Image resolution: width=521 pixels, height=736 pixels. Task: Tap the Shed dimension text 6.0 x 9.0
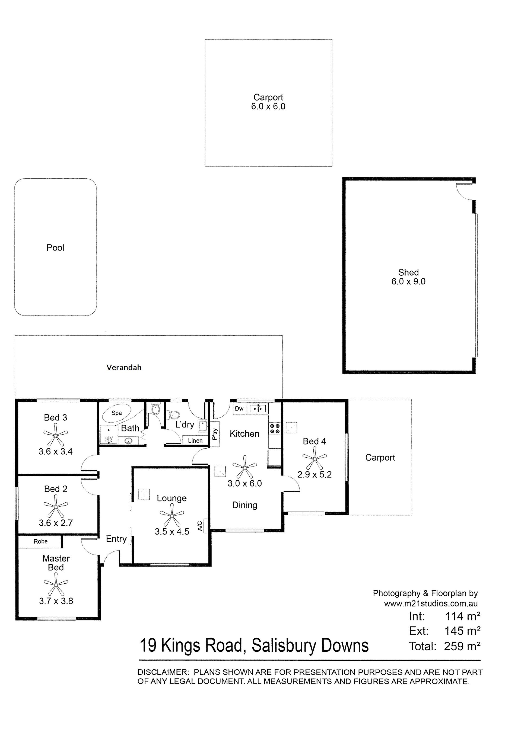[408, 281]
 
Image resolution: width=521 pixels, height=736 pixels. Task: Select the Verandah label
[124, 368]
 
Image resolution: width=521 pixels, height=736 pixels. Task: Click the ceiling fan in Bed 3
[56, 435]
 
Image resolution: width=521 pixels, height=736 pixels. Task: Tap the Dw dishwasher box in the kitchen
[239, 409]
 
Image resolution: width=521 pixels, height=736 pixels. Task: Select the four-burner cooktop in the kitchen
[275, 429]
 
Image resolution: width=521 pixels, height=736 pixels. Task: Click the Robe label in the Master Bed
[40, 541]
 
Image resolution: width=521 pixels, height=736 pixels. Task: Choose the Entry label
[116, 539]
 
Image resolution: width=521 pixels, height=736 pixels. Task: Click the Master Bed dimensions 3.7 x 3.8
[56, 601]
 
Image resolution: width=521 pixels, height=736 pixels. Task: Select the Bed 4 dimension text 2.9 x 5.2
[314, 474]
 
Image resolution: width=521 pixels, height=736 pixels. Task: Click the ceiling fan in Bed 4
[314, 459]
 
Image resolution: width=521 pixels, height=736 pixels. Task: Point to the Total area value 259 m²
[462, 646]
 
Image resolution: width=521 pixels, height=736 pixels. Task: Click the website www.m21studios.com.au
[431, 604]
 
